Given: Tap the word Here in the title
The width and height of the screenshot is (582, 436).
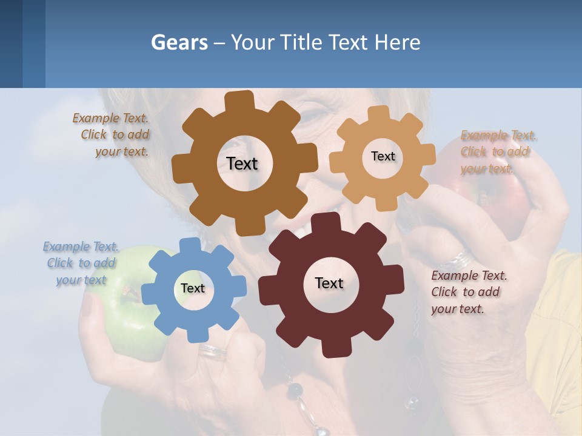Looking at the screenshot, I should [x=397, y=42].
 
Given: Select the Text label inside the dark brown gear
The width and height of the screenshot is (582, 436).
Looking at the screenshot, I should [x=242, y=163].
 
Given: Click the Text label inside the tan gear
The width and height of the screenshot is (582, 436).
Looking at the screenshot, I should [x=383, y=156].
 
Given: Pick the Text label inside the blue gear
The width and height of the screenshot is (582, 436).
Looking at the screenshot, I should [x=193, y=288].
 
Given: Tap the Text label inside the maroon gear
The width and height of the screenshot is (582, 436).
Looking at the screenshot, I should [x=329, y=283].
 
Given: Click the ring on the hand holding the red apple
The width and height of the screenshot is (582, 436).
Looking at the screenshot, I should [x=461, y=260].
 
